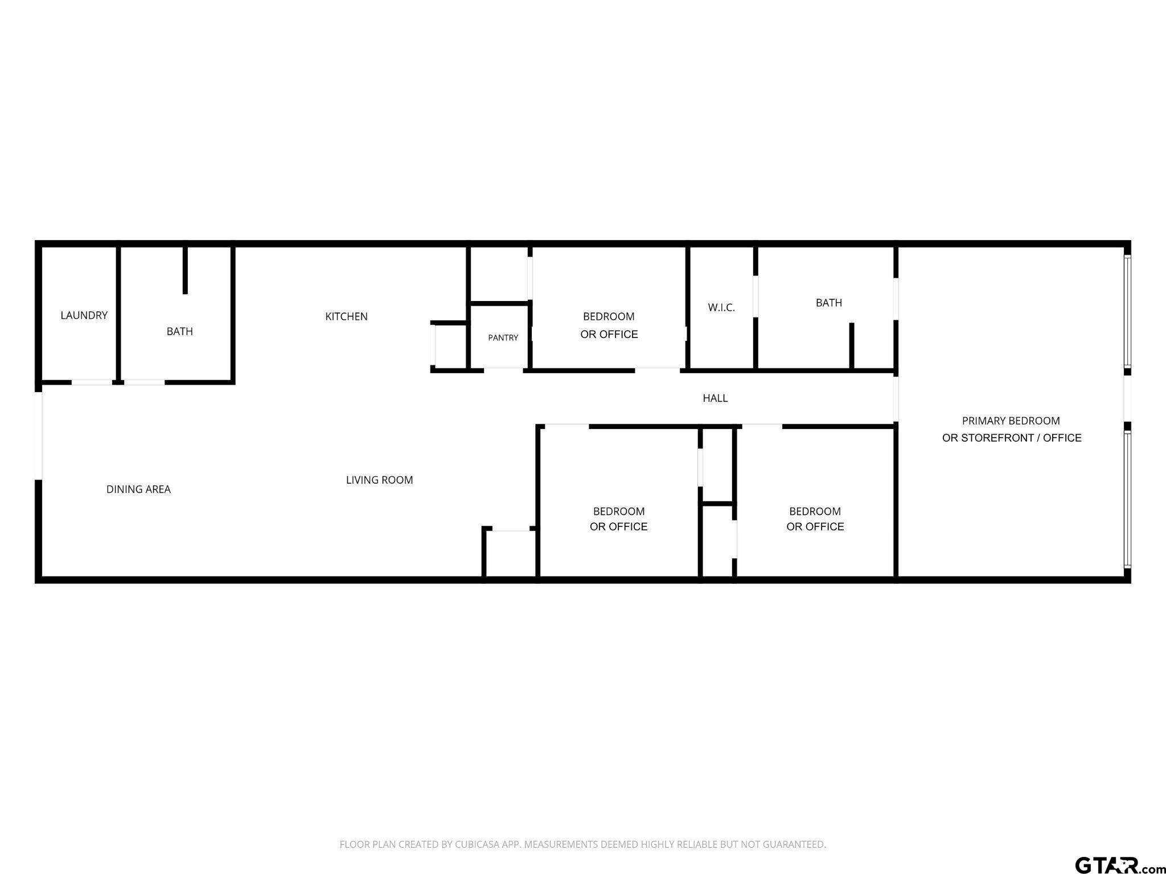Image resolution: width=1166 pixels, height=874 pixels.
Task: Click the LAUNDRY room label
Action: tap(84, 315)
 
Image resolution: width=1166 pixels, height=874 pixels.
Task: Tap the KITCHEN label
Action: tap(346, 316)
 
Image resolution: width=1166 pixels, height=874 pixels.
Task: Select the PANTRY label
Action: tap(503, 338)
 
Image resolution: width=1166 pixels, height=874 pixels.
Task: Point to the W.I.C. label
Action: tap(721, 308)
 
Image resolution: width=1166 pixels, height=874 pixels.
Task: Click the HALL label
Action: tap(715, 398)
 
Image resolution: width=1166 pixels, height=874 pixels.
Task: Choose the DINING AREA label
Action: tap(138, 489)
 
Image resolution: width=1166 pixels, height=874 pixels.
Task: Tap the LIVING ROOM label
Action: tap(379, 480)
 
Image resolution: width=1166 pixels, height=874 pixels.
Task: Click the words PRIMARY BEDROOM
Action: tap(1011, 421)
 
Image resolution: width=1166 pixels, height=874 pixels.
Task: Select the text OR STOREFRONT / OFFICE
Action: tap(1012, 438)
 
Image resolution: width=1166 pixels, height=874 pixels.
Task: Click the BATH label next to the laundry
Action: tap(179, 332)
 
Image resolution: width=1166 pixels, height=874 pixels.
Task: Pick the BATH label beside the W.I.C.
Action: tap(828, 303)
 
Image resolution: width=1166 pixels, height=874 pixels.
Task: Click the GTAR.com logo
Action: tap(1119, 864)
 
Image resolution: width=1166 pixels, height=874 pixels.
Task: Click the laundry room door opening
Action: tap(92, 382)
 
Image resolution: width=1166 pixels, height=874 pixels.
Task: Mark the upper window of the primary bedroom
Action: tap(1127, 311)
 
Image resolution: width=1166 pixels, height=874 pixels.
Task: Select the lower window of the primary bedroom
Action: tap(1127, 500)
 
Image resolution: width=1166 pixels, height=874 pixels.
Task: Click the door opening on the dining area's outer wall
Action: tap(39, 436)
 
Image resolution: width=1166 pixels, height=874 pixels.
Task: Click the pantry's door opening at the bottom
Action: tap(503, 370)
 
